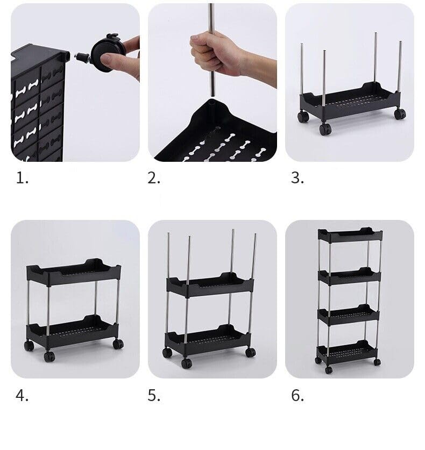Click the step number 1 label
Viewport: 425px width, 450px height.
tap(22, 178)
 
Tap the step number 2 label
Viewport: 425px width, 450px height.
tap(154, 178)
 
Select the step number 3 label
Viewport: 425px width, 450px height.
tap(297, 178)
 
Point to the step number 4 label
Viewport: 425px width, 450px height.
tap(22, 396)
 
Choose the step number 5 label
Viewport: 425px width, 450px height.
tap(154, 396)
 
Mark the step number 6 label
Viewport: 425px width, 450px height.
tap(297, 396)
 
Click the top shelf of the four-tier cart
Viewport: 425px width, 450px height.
tap(350, 235)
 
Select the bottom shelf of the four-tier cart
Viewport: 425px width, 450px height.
tap(347, 351)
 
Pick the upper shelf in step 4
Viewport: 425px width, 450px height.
tap(74, 272)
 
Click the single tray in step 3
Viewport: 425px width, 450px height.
tap(350, 101)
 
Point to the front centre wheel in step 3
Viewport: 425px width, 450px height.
tap(325, 129)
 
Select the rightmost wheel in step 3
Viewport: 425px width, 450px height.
tap(400, 113)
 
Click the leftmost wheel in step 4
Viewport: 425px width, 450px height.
tap(29, 346)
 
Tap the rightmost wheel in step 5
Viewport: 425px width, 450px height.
tap(250, 352)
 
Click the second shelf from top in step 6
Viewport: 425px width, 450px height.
tap(350, 276)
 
